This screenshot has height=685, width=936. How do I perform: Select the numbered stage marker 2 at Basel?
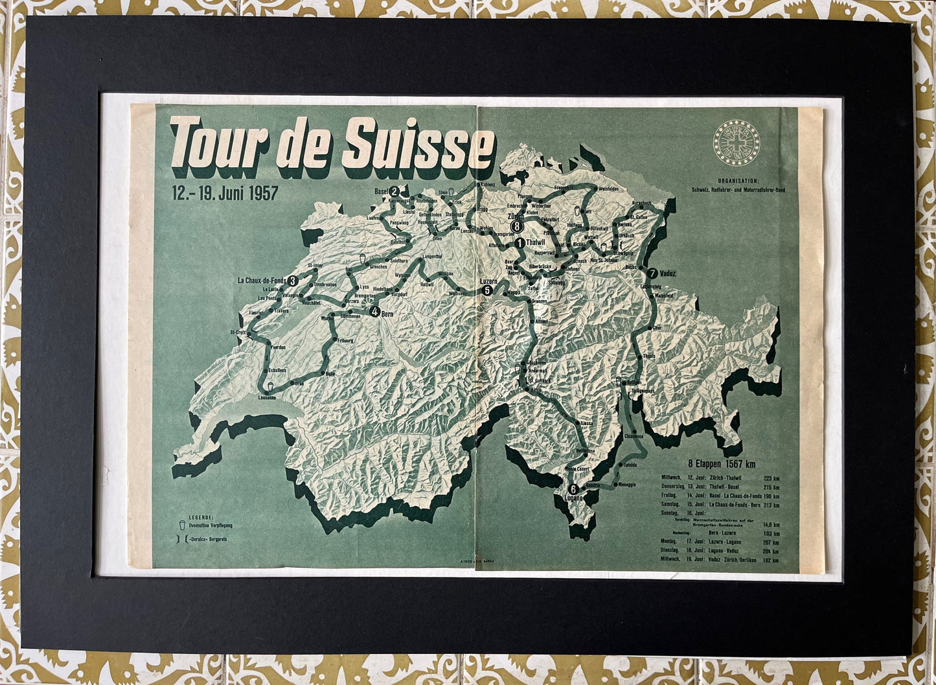pyautogui.click(x=394, y=192)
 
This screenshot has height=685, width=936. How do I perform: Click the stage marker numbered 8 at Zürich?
pyautogui.click(x=516, y=226)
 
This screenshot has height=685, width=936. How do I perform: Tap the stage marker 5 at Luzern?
pyautogui.click(x=487, y=291)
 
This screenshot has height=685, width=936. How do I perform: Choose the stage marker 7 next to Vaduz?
pyautogui.click(x=652, y=273)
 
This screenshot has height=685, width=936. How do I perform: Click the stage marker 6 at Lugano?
pyautogui.click(x=572, y=489)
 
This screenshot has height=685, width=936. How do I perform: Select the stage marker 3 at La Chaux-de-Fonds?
pyautogui.click(x=293, y=281)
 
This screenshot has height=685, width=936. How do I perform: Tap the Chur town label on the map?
pyautogui.click(x=658, y=329)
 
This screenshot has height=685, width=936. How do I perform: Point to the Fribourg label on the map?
pyautogui.click(x=346, y=340)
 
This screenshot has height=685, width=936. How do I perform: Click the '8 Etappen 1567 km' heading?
pyautogui.click(x=722, y=463)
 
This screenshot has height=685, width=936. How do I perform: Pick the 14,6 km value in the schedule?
pyautogui.click(x=771, y=524)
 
